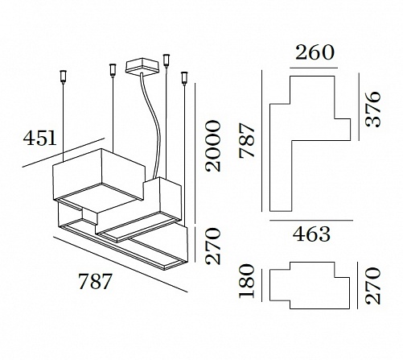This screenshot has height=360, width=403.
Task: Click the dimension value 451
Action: (39, 139)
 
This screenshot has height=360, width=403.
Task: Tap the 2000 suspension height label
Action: (213, 146)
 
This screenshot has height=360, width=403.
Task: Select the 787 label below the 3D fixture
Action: (95, 281)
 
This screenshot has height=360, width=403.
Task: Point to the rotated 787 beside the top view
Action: (247, 141)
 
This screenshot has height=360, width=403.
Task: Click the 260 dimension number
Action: (315, 52)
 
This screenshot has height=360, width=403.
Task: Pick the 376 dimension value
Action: (373, 110)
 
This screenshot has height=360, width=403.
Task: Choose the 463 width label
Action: (311, 234)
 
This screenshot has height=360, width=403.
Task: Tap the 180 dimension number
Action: (246, 281)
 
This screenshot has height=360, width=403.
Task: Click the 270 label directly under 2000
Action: (213, 246)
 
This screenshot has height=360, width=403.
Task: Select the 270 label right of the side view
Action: (373, 285)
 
